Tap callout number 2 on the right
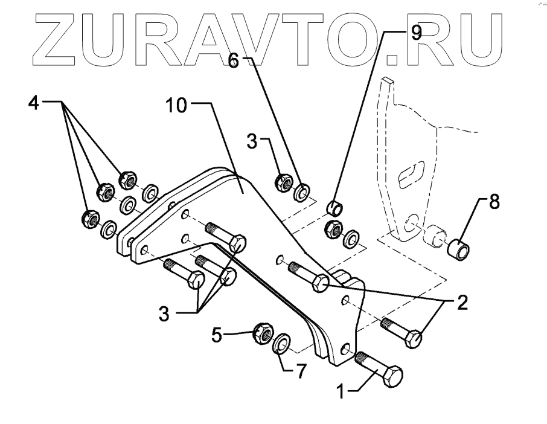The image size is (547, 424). (462, 303)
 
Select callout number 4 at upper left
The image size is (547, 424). (33, 103)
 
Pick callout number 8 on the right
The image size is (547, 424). (494, 202)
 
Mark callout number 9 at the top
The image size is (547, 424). (416, 33)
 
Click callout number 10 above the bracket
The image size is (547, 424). (178, 106)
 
